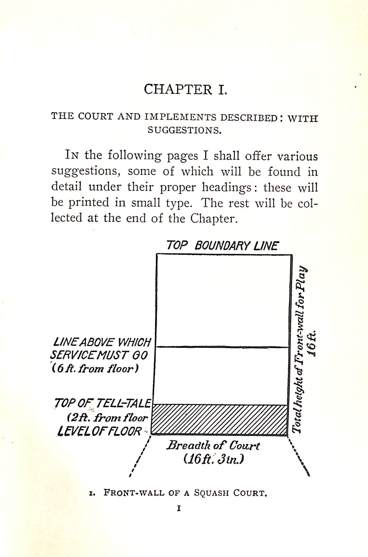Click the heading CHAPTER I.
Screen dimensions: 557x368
(x=185, y=89)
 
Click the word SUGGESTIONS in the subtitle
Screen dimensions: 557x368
(x=184, y=131)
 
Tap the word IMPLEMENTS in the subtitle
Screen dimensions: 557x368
(x=180, y=117)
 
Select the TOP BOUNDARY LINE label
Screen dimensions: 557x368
(x=222, y=246)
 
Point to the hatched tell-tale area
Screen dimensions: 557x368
(x=219, y=420)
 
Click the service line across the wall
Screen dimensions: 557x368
(x=222, y=347)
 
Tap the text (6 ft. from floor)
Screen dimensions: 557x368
(x=95, y=368)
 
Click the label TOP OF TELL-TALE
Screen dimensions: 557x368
(x=102, y=403)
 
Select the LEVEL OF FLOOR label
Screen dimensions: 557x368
(x=99, y=431)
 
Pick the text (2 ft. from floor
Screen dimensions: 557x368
(x=107, y=418)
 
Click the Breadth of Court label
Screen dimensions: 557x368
(x=213, y=445)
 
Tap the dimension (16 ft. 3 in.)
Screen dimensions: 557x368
(x=213, y=459)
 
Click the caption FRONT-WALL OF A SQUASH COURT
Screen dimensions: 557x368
(x=185, y=493)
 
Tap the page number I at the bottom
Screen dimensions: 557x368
(x=179, y=509)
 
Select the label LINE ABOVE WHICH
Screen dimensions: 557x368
(x=102, y=342)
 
